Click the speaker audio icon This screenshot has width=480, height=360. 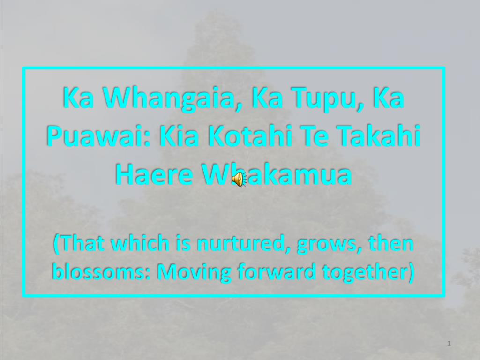[239, 179]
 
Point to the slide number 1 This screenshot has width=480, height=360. [449, 344]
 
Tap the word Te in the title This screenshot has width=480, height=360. [319, 136]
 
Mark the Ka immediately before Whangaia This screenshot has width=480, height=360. [77, 98]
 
